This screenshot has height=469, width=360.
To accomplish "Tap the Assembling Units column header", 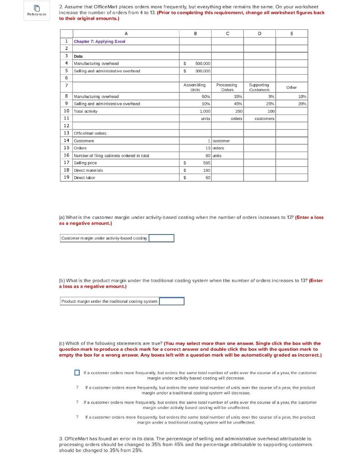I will [x=195, y=87].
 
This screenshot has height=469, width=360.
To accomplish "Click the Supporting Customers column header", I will [x=259, y=87].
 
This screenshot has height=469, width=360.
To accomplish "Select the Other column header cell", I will [x=291, y=87].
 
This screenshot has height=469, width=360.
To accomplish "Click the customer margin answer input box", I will [x=161, y=238].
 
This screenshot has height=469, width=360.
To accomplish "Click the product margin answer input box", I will [x=171, y=301].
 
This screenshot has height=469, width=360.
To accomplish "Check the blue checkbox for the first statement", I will [x=77, y=372].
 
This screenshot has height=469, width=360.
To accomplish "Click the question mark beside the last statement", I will [x=77, y=417].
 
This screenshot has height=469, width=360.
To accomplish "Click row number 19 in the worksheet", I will [x=66, y=177].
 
